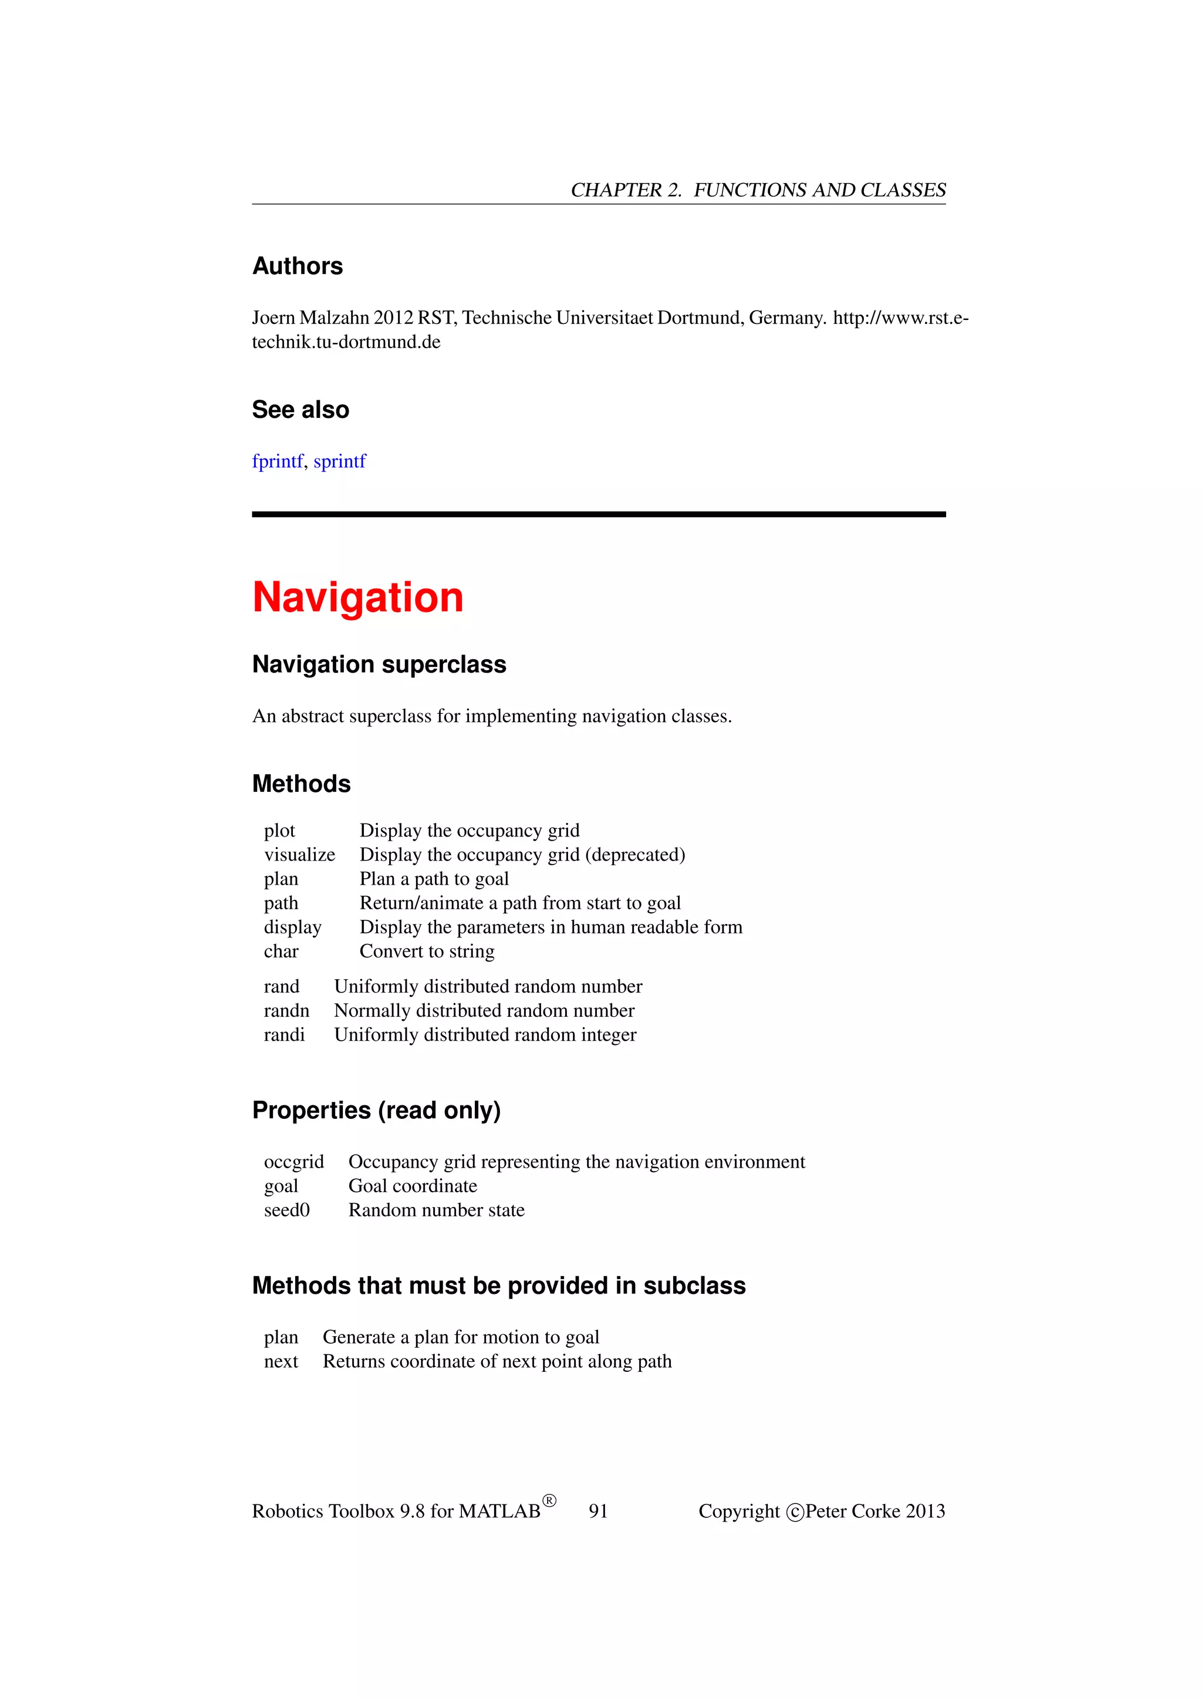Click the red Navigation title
point(357,598)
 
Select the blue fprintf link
point(278,461)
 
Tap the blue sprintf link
point(340,461)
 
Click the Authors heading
point(298,267)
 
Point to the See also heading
point(300,410)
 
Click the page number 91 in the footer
point(598,1511)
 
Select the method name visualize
point(299,855)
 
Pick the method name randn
point(286,1011)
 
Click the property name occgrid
point(294,1162)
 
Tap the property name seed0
point(286,1210)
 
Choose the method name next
point(281,1361)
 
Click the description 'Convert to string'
point(427,952)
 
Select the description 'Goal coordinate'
point(413,1186)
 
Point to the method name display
point(292,927)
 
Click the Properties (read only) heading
point(377,1111)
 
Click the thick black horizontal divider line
point(599,514)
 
